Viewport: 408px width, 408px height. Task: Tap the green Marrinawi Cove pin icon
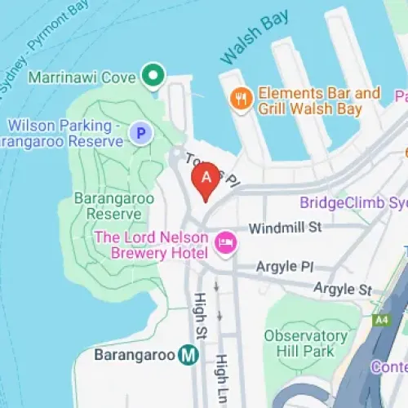click(151, 77)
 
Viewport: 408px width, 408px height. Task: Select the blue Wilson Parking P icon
click(141, 132)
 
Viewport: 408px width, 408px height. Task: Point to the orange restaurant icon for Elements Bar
click(240, 98)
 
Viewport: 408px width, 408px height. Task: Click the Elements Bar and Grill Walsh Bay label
click(318, 100)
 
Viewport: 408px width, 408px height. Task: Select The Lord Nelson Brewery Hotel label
click(152, 243)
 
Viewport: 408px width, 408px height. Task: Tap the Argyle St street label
click(343, 289)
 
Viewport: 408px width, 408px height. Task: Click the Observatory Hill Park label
click(305, 344)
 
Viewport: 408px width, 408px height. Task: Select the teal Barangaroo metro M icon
click(189, 355)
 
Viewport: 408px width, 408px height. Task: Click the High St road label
click(198, 317)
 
